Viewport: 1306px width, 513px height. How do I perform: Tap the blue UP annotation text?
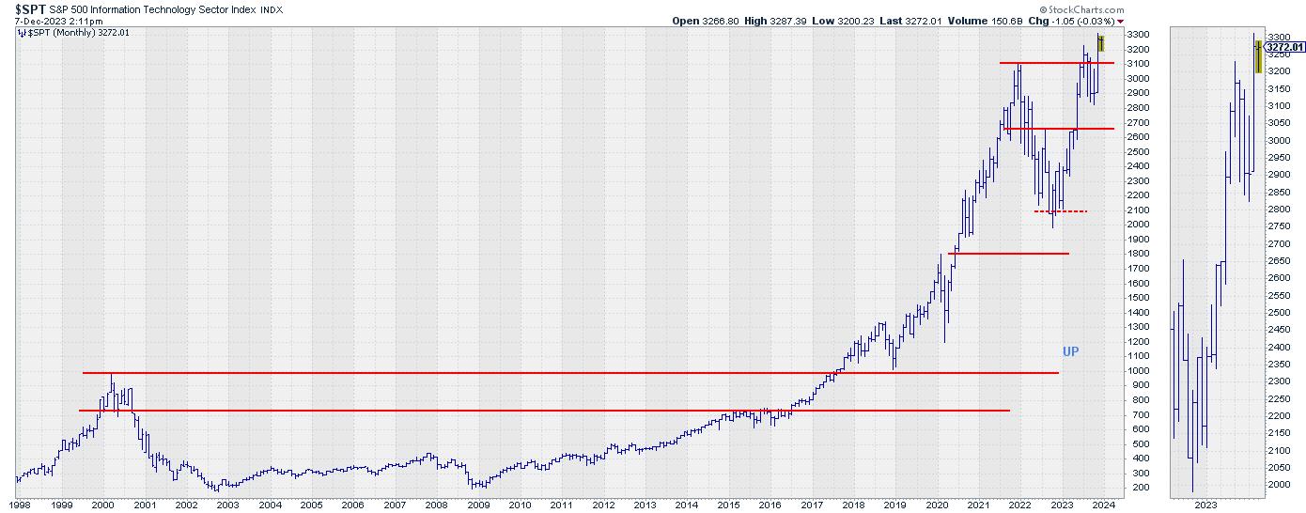pos(1070,351)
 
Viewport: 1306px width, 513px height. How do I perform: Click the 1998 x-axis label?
pos(19,505)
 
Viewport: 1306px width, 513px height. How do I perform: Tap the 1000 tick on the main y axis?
pos(1137,370)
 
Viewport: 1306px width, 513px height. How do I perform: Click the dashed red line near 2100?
pos(1060,211)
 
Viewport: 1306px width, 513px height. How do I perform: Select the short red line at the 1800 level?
pos(1008,254)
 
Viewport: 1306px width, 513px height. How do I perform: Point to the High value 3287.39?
pos(782,21)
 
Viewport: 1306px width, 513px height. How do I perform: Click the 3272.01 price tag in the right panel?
pos(1284,46)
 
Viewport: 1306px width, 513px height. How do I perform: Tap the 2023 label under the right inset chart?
pos(1205,505)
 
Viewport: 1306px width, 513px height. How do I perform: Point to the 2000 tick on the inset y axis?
pos(1278,485)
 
